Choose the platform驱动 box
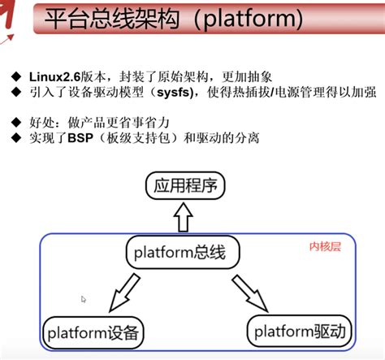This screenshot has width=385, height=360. coord(298,331)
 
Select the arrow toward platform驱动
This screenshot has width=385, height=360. coord(251,293)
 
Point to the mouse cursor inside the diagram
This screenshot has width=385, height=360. coord(84,300)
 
